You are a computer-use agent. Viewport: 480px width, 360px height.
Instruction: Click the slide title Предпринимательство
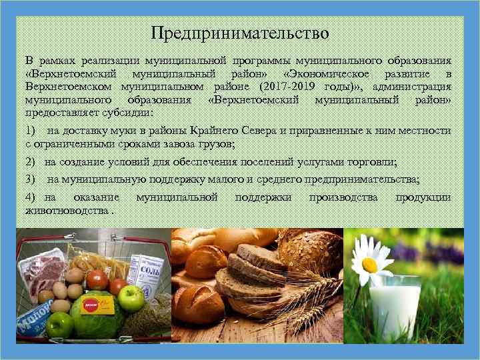click(x=239, y=32)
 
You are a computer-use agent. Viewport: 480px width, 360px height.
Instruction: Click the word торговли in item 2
click(x=372, y=162)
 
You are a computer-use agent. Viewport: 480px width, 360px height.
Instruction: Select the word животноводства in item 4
click(x=67, y=210)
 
